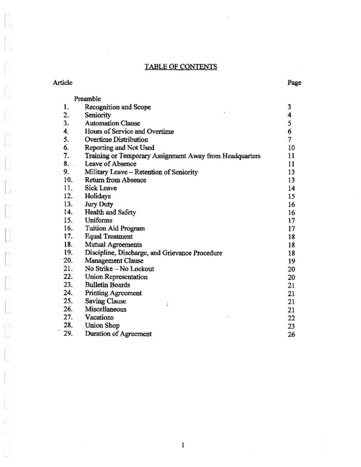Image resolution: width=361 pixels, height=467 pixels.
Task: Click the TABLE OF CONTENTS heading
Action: (x=180, y=67)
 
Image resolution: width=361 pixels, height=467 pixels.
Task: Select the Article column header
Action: (x=63, y=83)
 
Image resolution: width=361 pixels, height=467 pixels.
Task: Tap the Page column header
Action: (x=294, y=83)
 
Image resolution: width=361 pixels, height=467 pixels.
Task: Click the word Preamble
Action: (x=88, y=99)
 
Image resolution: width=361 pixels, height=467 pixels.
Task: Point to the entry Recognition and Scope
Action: (x=118, y=107)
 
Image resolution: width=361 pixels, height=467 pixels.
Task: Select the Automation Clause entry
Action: (x=112, y=123)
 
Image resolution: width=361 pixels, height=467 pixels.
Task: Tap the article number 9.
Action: (x=66, y=172)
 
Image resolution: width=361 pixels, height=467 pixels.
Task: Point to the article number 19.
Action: (x=68, y=253)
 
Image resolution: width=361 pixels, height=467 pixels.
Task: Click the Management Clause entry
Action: (x=114, y=261)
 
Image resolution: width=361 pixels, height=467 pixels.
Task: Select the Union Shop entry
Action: (x=102, y=326)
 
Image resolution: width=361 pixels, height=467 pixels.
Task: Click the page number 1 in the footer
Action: (x=182, y=446)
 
